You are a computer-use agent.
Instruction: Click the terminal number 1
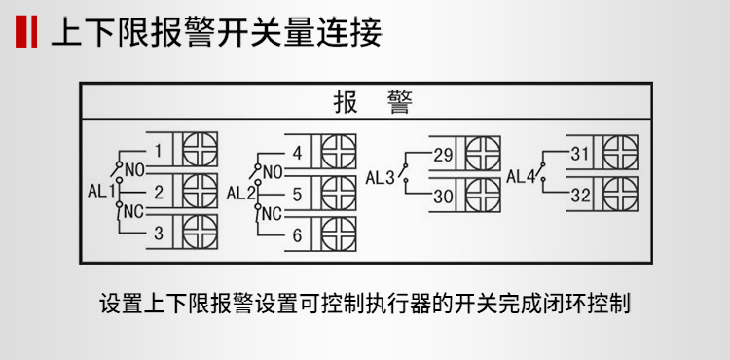point(158,151)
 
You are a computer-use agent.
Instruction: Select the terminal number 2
point(158,191)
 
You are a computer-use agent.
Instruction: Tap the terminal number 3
point(158,233)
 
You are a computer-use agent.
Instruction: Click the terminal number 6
point(297,234)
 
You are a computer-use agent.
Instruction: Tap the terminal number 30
point(443,196)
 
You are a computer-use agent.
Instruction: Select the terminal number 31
point(581,154)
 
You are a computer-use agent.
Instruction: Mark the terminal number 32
point(581,195)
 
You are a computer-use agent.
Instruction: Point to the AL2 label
point(240,193)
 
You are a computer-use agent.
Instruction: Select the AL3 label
point(381,178)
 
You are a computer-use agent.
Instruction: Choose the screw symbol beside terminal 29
point(484,154)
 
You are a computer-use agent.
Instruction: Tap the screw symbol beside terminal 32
point(621,195)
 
